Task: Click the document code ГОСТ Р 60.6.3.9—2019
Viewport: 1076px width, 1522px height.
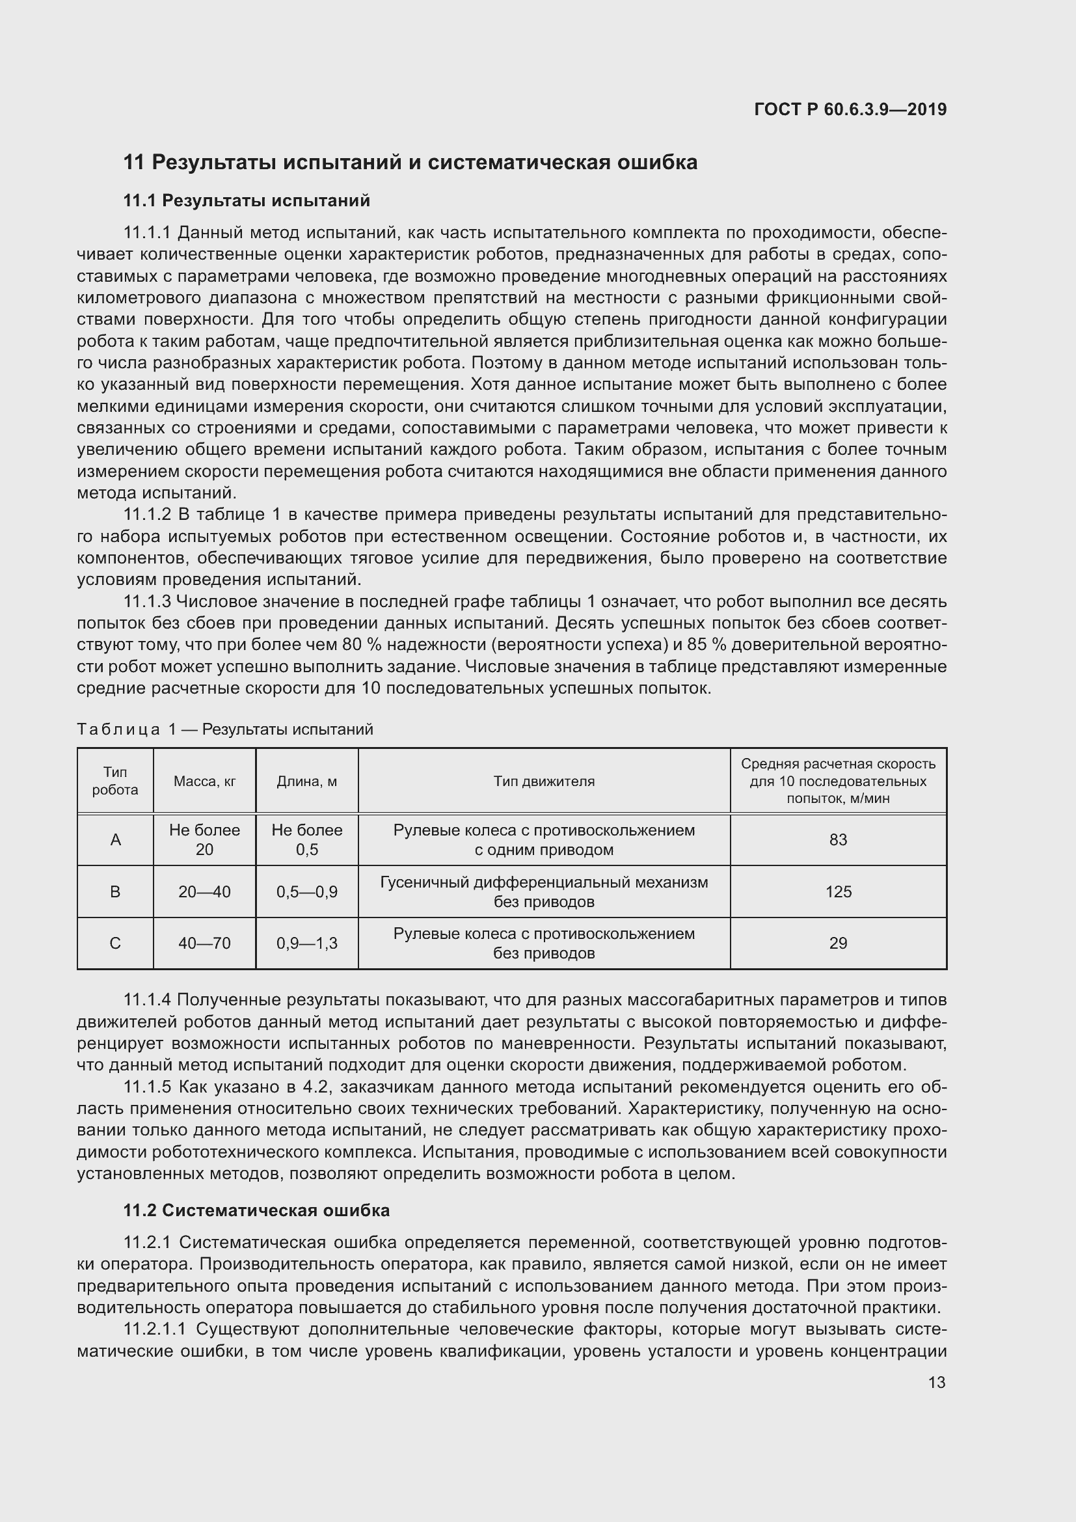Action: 850,109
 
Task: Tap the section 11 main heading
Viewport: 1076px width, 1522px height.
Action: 410,163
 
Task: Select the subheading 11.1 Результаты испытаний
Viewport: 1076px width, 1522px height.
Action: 247,200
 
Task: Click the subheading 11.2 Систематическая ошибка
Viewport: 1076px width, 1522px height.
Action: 256,1210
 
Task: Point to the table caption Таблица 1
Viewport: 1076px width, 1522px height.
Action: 224,729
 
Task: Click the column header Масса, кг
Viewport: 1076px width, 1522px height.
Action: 205,781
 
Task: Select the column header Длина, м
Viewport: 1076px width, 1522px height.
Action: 307,781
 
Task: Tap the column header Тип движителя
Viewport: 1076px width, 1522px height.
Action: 544,781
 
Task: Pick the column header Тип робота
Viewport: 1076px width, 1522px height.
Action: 115,781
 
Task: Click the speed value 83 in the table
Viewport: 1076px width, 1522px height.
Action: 838,840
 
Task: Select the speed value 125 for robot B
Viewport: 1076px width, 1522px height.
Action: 838,891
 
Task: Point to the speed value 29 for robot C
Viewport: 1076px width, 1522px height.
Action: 838,943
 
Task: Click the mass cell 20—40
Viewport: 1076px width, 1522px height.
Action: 205,891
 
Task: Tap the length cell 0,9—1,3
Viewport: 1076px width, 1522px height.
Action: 307,943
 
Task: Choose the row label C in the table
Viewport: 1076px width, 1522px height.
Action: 115,943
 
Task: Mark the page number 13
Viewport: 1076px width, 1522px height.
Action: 937,1382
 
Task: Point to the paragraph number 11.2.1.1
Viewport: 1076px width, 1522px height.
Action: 157,1329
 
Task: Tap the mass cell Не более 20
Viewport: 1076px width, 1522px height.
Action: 205,840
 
